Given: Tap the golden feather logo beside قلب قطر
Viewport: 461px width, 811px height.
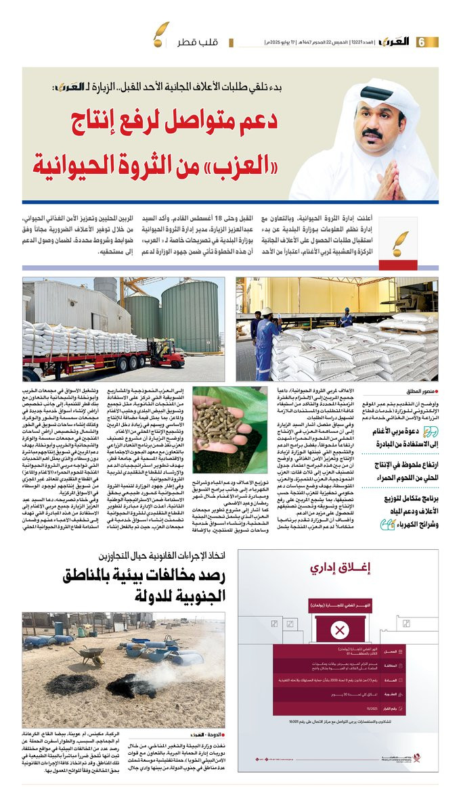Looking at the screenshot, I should tap(161, 32).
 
